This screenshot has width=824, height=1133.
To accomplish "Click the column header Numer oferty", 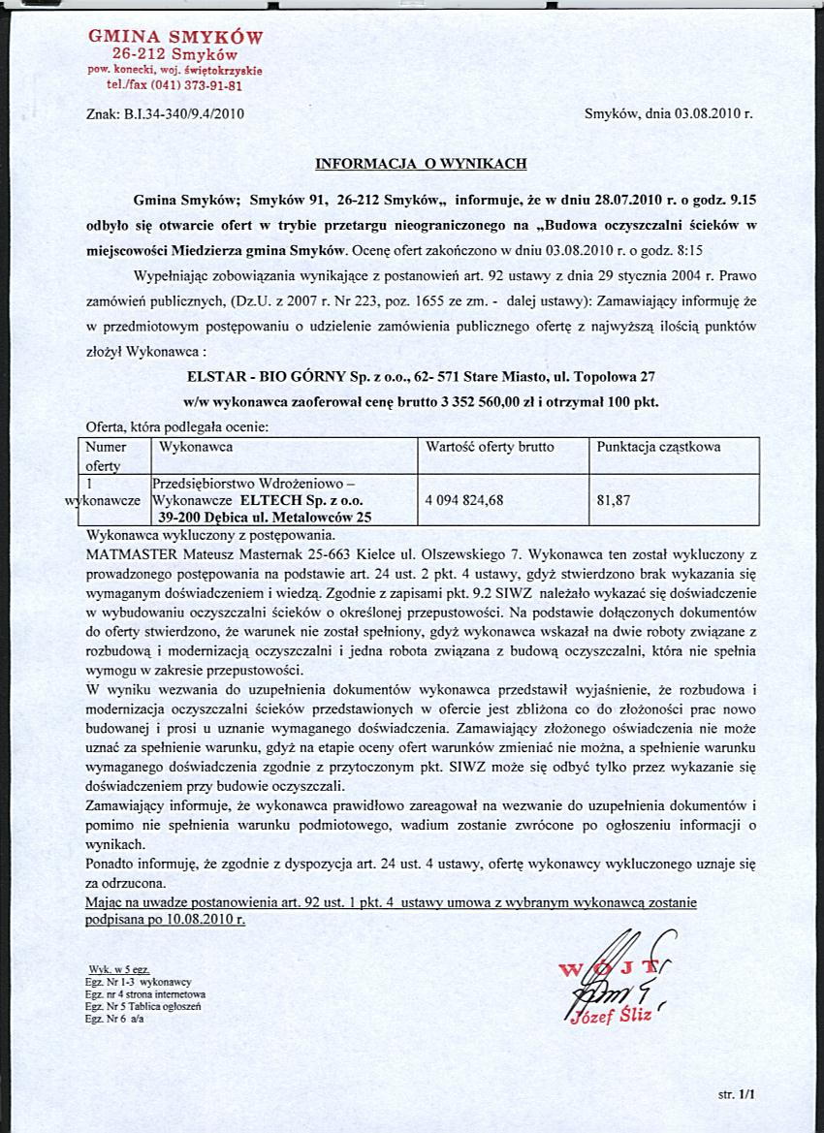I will tap(107, 456).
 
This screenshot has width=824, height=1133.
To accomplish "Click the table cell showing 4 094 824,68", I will tap(465, 501).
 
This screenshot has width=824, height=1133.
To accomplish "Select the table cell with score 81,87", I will tap(615, 501).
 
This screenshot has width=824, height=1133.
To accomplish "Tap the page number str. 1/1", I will tap(736, 1093).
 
